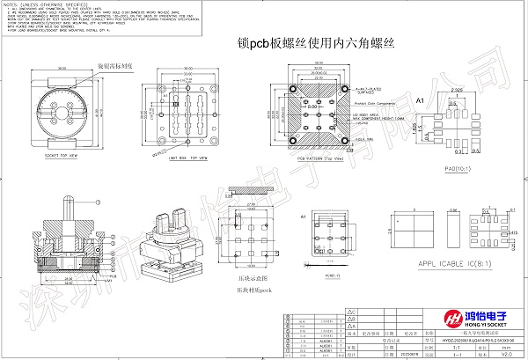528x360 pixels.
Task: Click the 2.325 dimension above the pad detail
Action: pyautogui.click(x=454, y=91)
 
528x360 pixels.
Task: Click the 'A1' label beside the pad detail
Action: pyautogui.click(x=420, y=101)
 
